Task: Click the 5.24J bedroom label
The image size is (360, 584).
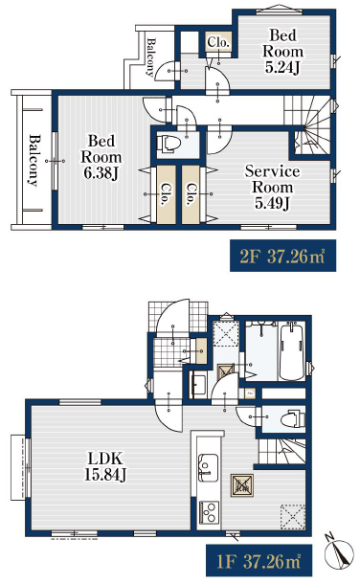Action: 282,52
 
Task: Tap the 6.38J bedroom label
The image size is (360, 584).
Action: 101,157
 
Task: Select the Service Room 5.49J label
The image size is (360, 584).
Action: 272,187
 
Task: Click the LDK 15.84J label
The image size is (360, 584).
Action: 105,466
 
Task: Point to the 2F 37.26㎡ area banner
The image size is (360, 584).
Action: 283,256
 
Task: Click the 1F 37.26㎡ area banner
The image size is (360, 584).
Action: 259,560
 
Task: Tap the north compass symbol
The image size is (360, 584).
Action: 338,552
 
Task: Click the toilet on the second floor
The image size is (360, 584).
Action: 169,143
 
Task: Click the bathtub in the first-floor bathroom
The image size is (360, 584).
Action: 292,350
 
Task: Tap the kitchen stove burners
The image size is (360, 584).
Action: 209,513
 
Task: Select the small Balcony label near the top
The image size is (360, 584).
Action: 150,57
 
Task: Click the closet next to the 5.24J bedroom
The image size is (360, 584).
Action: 218,42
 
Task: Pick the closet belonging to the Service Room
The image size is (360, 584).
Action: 191,194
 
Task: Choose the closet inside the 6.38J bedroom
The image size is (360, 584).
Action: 166,194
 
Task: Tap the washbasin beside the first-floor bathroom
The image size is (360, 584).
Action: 198,385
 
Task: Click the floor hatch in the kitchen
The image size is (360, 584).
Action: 242,485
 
